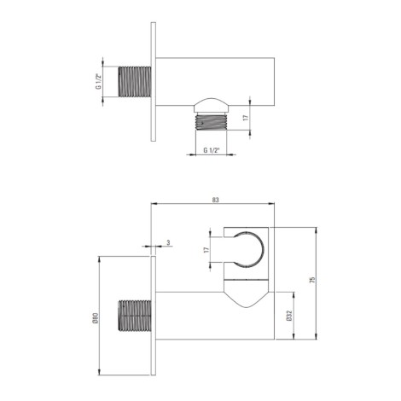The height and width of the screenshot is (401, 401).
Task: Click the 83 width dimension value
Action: pos(216,200)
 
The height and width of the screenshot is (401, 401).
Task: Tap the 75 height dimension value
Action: pos(312,280)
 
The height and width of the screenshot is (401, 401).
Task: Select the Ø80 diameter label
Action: pos(96,317)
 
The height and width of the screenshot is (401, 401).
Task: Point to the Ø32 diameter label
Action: pos(290,316)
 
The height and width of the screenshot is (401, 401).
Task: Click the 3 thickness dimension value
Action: pos(168,242)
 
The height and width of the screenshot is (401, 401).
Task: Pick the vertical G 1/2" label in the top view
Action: pos(98,82)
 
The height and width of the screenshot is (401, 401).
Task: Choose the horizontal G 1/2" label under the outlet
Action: pos(212,150)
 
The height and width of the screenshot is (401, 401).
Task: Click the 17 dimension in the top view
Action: pos(246,118)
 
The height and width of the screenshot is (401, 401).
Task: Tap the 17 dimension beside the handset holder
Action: pos(206,250)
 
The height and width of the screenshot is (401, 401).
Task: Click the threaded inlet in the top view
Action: pos(134,82)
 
